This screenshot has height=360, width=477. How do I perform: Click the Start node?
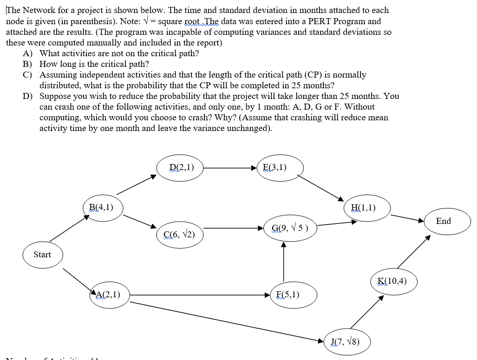point(42,255)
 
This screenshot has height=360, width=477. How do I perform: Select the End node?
point(443,221)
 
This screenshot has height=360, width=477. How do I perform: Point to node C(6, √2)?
point(179,234)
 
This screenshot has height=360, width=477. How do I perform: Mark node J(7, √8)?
point(346,342)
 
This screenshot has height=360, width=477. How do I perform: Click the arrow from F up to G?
point(283,262)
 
